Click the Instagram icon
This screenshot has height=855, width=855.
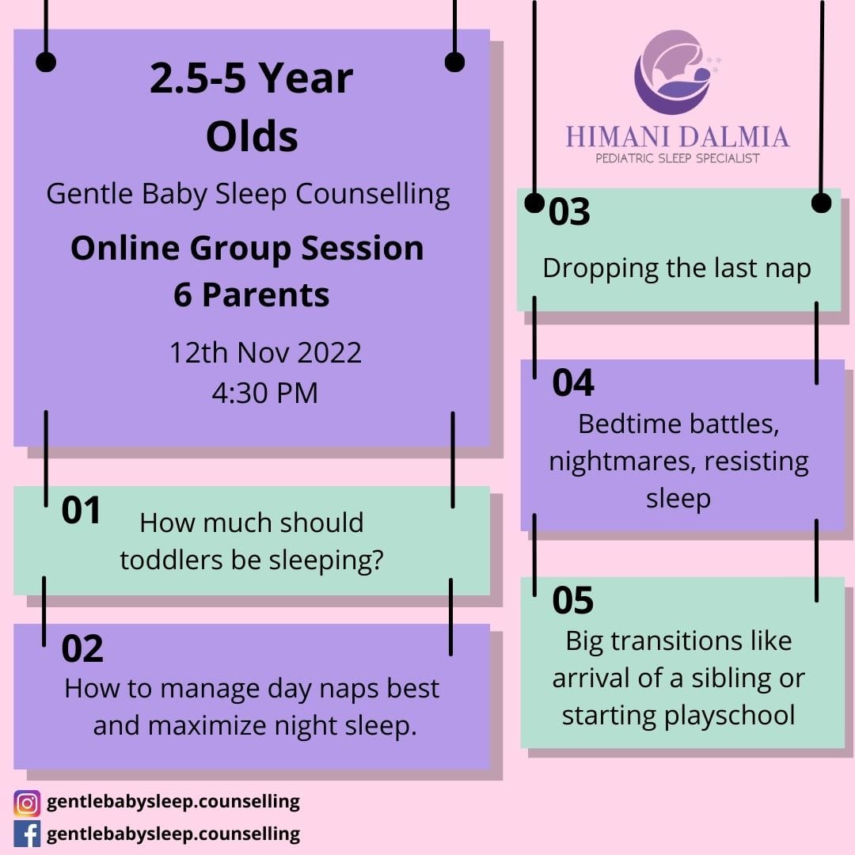[27, 804]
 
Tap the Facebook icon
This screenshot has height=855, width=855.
[27, 834]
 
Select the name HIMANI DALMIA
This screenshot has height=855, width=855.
[678, 137]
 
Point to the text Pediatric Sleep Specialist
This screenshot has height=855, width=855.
[678, 158]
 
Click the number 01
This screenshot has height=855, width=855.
[81, 511]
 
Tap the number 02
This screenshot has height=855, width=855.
[82, 648]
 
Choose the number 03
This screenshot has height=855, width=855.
[569, 211]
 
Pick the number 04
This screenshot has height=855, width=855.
[573, 383]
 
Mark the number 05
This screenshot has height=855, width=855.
[572, 600]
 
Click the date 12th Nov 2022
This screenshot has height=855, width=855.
[265, 352]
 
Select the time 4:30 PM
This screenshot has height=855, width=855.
[265, 393]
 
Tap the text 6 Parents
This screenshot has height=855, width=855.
[252, 295]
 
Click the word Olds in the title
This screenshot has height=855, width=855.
[252, 136]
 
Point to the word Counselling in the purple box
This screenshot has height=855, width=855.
[373, 195]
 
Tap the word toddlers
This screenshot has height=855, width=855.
[172, 560]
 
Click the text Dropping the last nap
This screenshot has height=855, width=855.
[677, 269]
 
